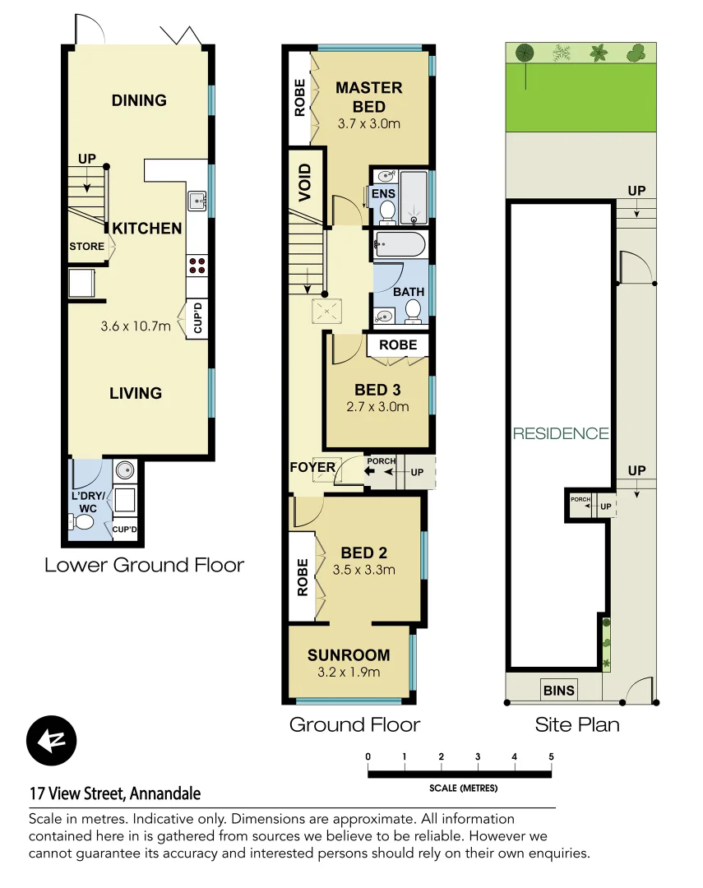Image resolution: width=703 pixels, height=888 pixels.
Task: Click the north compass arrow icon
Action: click(51, 741)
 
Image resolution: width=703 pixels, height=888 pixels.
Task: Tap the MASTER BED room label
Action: click(368, 96)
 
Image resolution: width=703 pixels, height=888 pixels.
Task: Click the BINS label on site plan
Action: click(558, 690)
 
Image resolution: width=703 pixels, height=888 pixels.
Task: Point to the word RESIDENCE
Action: click(561, 433)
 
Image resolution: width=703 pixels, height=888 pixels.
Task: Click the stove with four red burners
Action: click(197, 265)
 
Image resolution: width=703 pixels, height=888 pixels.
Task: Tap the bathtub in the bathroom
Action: click(399, 244)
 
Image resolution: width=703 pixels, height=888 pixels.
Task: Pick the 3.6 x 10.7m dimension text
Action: click(136, 326)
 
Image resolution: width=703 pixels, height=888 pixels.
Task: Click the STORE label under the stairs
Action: click(86, 247)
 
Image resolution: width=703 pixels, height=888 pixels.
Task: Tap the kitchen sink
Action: click(197, 200)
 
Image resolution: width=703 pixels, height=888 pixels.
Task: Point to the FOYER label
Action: click(312, 468)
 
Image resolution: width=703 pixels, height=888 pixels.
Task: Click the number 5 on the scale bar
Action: click(551, 756)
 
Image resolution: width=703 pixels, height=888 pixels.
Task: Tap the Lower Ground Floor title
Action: click(144, 565)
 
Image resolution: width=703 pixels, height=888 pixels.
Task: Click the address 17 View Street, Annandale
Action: click(115, 793)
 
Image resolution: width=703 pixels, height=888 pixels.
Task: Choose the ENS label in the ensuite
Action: click(383, 194)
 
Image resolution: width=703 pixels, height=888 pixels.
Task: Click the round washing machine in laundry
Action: click(126, 470)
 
